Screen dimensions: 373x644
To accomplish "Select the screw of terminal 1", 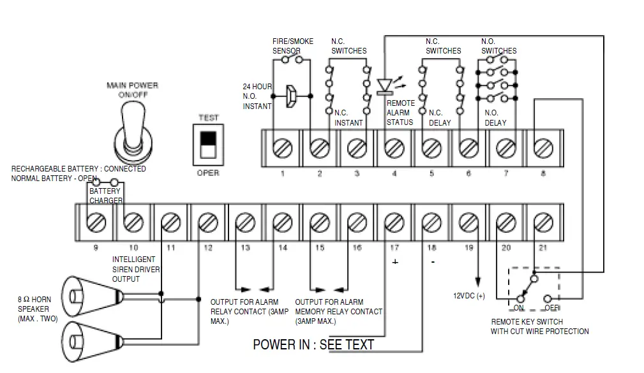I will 282,148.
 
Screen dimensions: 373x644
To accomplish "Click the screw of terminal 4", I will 394,148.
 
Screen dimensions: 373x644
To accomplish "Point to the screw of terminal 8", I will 543,148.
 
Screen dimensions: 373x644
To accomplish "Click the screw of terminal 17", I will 394,223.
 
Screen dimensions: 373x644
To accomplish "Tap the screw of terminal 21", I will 543,223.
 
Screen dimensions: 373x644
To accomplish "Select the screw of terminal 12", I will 207,223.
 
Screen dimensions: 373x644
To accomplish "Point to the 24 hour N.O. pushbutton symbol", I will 292,96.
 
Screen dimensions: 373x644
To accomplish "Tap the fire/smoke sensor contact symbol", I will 292,60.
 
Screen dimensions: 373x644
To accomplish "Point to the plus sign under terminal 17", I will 395,263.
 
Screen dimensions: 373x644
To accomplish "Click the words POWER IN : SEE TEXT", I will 313,345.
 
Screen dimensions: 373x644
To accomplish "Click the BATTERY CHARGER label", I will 105,196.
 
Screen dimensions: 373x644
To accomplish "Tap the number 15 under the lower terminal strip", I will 320,247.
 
